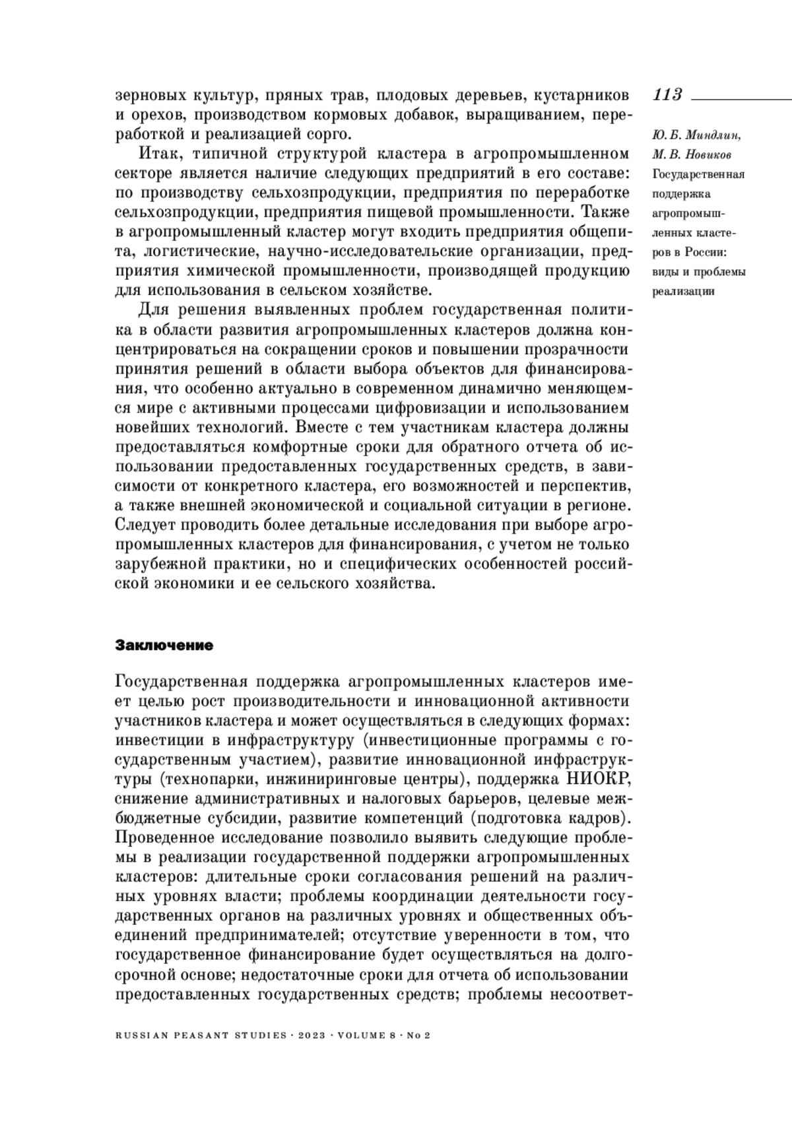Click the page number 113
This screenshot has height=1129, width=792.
tap(667, 94)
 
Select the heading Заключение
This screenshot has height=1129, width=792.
tap(164, 645)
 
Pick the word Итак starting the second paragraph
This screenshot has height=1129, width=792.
tap(157, 154)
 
